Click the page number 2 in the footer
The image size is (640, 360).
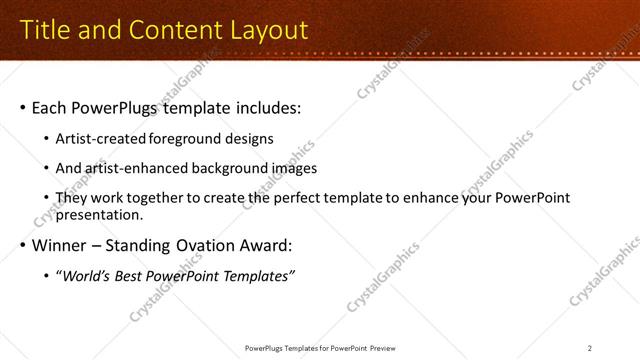[x=590, y=347]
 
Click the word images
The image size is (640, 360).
[x=294, y=168]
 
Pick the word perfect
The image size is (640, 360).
[x=304, y=198]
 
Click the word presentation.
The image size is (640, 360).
[x=101, y=214]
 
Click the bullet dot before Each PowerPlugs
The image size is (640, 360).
[x=22, y=107]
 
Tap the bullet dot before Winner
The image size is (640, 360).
[x=22, y=246]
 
